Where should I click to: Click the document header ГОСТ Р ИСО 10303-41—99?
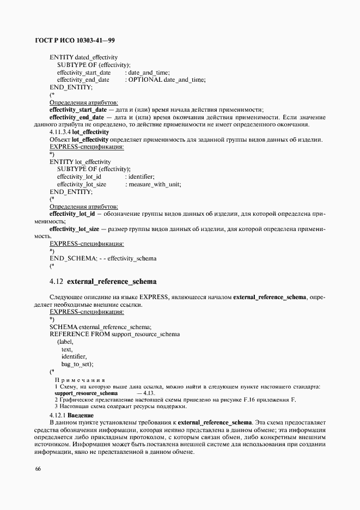(x=75, y=40)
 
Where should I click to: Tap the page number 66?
(x=38, y=469)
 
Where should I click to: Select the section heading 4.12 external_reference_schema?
(x=103, y=282)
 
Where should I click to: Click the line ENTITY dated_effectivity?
(x=83, y=57)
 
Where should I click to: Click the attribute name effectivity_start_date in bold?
(x=78, y=110)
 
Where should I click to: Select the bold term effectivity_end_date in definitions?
(x=76, y=117)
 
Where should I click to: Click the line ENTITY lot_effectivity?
(x=80, y=162)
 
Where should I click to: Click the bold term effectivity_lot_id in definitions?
(x=72, y=215)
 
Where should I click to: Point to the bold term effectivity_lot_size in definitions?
(x=74, y=229)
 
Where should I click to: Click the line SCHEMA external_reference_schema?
(x=100, y=326)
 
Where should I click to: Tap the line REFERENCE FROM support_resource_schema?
(x=114, y=333)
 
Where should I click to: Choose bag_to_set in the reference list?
(x=77, y=363)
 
